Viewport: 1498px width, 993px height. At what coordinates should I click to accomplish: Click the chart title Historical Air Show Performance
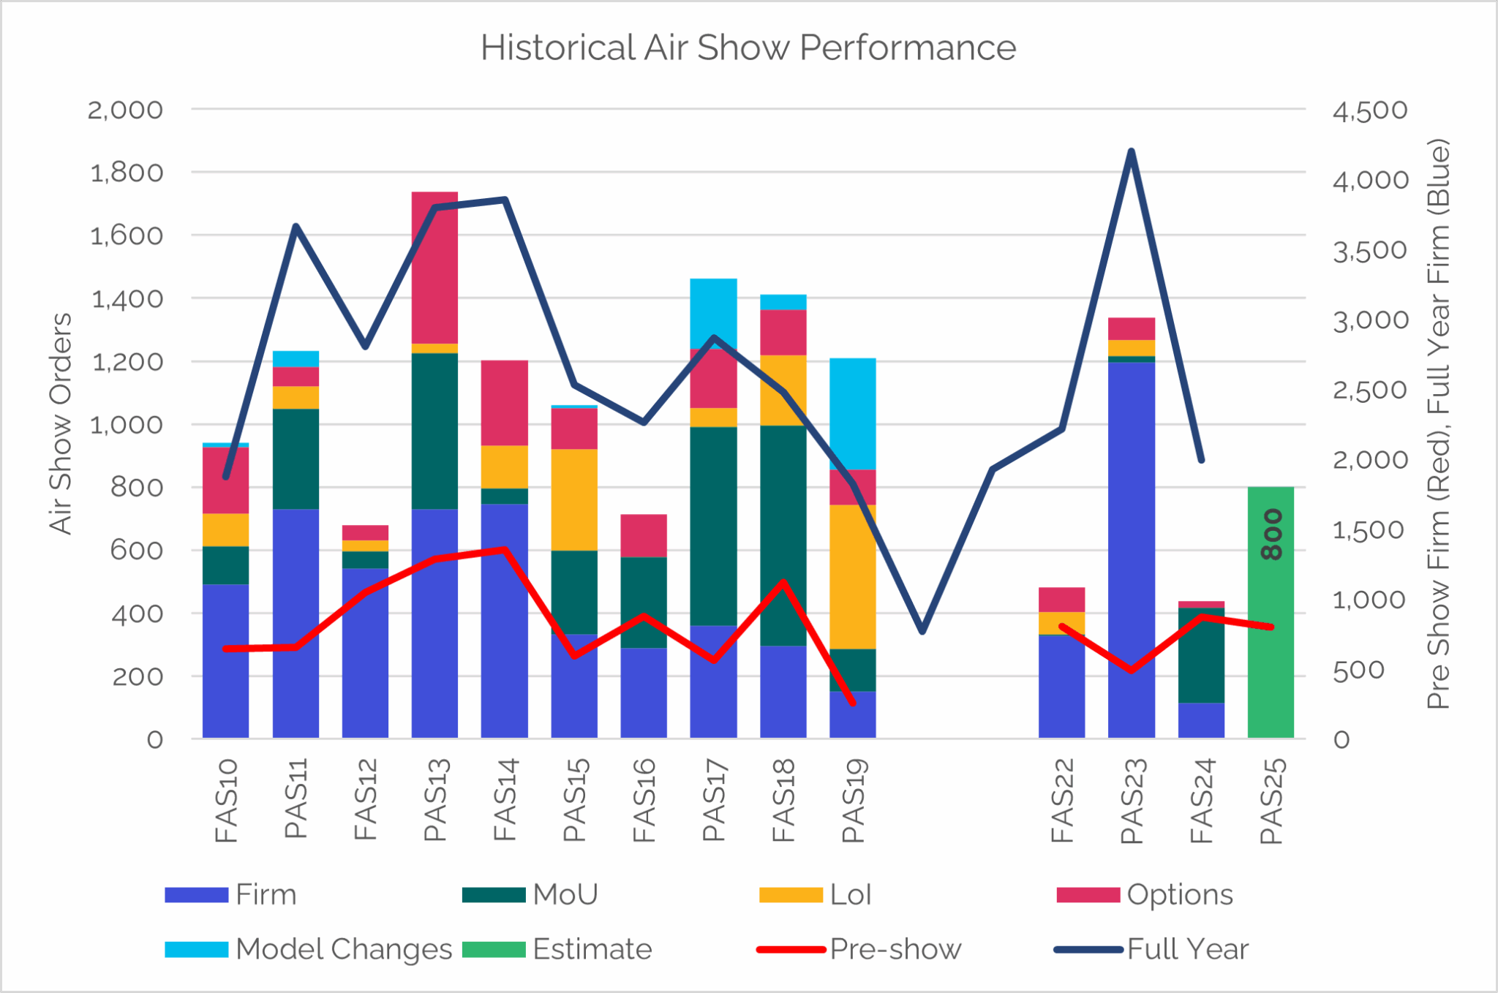748,48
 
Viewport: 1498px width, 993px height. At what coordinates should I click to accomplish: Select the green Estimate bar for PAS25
1271,658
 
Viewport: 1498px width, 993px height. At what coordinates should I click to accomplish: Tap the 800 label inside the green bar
1272,535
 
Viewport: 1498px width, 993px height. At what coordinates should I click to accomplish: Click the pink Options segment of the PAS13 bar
434,267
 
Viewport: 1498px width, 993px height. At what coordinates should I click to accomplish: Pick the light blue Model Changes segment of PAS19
852,413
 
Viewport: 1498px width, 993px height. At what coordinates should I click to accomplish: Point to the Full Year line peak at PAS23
1131,151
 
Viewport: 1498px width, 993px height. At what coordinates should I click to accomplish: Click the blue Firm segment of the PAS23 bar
1131,548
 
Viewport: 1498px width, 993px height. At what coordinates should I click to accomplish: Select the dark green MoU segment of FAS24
1201,654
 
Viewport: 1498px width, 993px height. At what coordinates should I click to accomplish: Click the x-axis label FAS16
644,801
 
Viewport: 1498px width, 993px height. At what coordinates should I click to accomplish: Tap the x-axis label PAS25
1271,801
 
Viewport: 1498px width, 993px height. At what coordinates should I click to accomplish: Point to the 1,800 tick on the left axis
126,173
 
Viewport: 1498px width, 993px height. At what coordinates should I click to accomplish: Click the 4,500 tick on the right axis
1369,110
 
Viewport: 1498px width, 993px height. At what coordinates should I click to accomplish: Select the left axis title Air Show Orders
61,423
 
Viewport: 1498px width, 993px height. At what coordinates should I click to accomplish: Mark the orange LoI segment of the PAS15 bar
574,499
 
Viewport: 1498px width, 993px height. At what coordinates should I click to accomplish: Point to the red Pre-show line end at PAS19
853,703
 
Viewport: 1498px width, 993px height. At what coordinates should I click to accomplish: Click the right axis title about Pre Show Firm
1438,423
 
